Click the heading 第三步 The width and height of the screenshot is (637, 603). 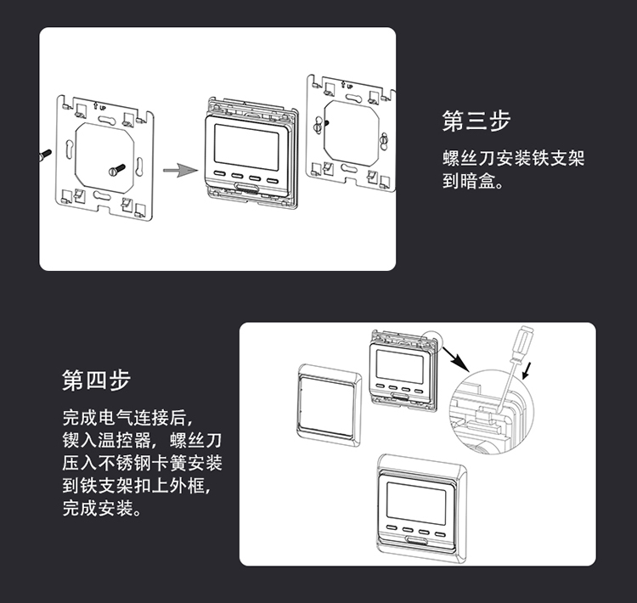tap(476, 121)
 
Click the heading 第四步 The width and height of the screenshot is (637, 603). tap(96, 380)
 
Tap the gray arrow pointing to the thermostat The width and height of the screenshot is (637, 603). tap(180, 170)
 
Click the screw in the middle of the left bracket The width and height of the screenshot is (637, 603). tap(116, 170)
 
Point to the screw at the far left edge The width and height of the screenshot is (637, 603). tap(44, 155)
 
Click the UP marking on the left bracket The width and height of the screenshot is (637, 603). tap(99, 107)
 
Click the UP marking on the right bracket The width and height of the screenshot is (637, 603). tap(347, 86)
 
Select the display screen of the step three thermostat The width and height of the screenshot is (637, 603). tap(246, 147)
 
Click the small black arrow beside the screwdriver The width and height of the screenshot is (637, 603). tap(527, 370)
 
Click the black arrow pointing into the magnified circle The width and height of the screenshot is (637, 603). tap(455, 358)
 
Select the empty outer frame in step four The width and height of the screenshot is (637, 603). tap(329, 405)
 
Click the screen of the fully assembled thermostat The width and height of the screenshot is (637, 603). tap(416, 503)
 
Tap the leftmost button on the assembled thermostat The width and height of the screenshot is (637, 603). tap(392, 528)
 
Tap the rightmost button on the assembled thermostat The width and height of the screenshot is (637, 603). tap(440, 534)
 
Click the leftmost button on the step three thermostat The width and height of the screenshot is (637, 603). tap(219, 173)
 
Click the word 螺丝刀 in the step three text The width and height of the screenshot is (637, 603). tap(469, 158)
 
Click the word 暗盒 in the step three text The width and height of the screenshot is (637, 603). tap(477, 181)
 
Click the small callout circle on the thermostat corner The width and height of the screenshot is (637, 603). tap(431, 340)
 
